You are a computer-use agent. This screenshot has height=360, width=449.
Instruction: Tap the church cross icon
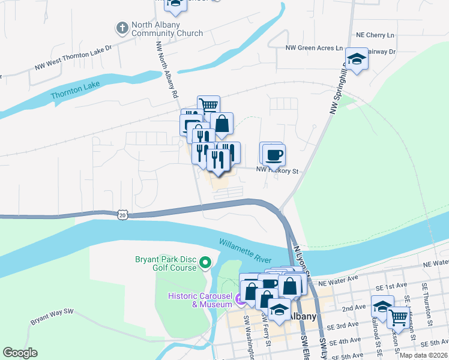(122, 28)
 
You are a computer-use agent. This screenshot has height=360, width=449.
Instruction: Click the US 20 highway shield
(122, 214)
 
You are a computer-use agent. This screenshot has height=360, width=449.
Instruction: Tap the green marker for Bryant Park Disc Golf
(206, 262)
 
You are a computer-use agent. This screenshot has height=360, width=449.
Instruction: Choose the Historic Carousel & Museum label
(200, 299)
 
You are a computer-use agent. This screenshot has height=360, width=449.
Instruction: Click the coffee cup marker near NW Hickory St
(274, 155)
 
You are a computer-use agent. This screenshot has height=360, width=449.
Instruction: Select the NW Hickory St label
(277, 171)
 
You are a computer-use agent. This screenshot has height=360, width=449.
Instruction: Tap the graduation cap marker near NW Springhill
(357, 59)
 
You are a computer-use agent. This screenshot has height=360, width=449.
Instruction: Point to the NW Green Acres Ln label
(314, 47)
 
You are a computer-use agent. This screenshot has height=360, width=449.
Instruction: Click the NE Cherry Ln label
(375, 35)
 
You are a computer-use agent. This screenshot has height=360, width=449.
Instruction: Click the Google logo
(20, 353)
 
